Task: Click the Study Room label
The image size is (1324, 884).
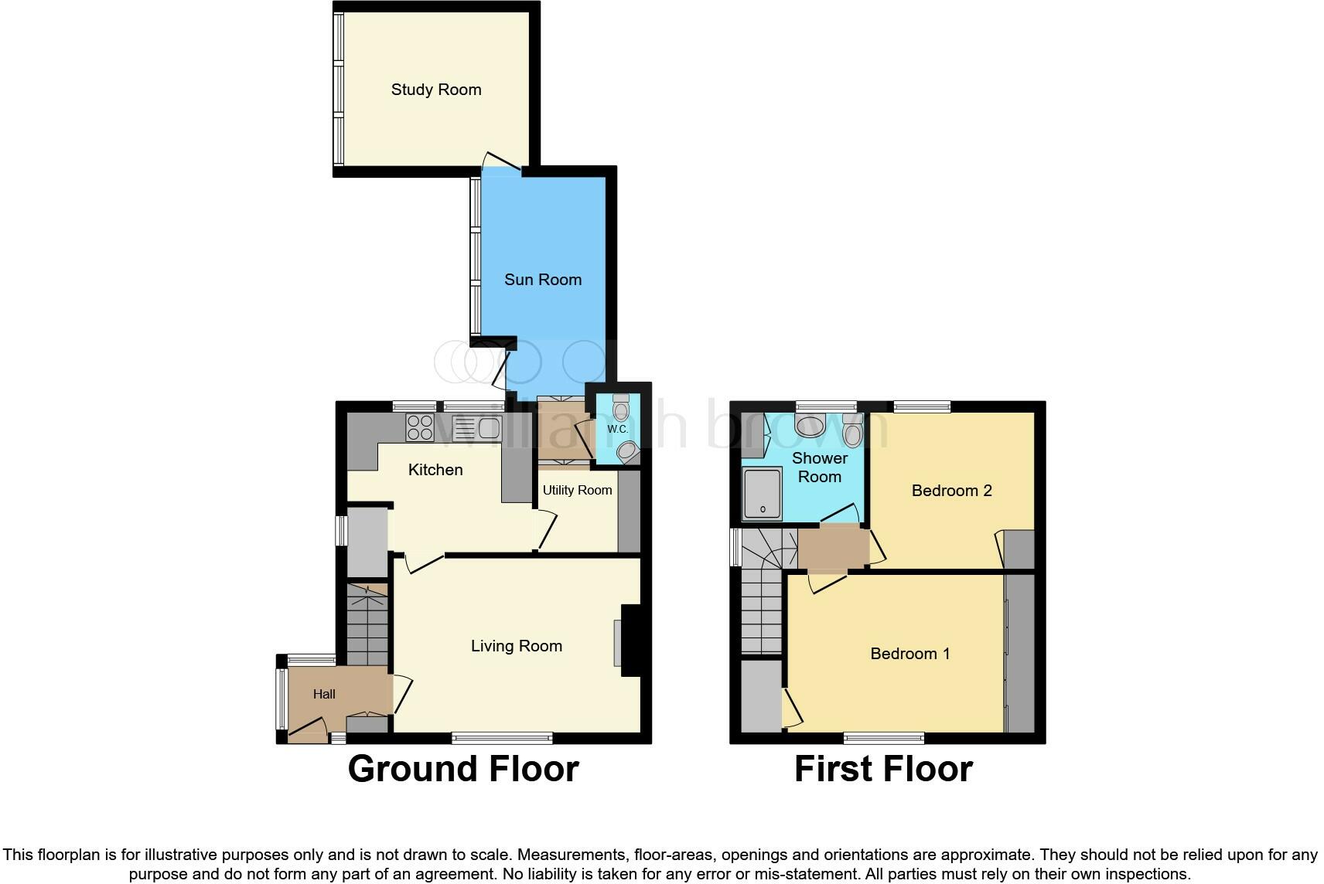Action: (436, 90)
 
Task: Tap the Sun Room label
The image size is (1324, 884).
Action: (543, 279)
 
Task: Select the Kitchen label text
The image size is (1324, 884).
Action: (435, 470)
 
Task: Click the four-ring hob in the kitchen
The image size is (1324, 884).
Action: (420, 428)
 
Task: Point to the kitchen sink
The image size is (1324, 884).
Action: (478, 428)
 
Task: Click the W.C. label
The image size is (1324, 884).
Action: (618, 429)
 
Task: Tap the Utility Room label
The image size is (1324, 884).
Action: (577, 490)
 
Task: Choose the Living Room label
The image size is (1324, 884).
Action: (516, 646)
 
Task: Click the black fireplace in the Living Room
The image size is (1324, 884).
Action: (630, 640)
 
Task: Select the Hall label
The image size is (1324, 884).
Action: (324, 694)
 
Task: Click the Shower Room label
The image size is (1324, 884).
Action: (820, 467)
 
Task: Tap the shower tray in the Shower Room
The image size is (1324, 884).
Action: (763, 495)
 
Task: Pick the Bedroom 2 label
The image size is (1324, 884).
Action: (951, 491)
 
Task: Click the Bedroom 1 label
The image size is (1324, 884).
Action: (910, 654)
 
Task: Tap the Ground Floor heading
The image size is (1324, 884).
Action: (463, 769)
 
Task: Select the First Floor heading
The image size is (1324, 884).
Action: (884, 769)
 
